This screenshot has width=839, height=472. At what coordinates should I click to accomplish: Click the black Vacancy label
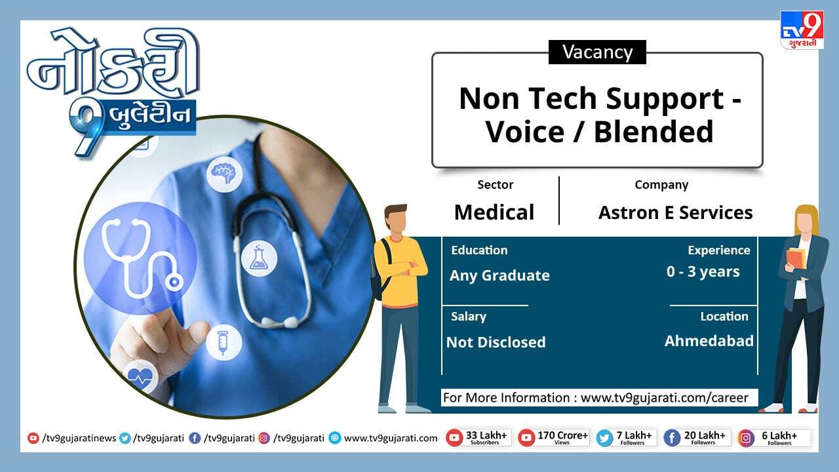tap(597, 52)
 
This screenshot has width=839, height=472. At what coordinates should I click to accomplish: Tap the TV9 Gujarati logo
tap(802, 30)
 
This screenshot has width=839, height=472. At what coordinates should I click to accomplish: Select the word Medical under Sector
tap(494, 212)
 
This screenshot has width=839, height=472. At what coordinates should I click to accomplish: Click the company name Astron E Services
tap(675, 213)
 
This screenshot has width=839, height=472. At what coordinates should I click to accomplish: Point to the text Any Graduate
tap(499, 276)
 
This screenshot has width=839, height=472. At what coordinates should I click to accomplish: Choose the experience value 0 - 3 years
tap(703, 271)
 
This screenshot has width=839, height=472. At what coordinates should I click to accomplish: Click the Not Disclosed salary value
tap(496, 342)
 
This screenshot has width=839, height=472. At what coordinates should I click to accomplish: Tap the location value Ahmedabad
tap(709, 341)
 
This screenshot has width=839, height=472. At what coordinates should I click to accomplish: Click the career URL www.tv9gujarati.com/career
tap(664, 397)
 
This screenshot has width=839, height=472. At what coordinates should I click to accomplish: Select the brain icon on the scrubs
tap(224, 174)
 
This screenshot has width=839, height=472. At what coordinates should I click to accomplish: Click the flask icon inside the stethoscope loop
tap(259, 258)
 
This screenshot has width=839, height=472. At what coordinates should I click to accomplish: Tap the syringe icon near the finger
tap(224, 342)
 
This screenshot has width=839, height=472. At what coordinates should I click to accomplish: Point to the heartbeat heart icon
tap(140, 376)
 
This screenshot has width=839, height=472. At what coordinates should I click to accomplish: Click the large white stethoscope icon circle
tap(140, 258)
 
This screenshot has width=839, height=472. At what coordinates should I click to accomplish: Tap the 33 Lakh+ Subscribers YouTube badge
tap(478, 438)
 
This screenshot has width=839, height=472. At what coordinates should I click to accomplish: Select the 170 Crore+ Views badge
tap(554, 438)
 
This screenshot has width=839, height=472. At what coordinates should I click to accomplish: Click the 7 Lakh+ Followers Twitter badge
tap(626, 438)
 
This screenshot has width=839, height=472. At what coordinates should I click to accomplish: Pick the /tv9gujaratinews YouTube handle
tap(71, 438)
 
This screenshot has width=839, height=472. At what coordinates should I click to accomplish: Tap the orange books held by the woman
tap(796, 258)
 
